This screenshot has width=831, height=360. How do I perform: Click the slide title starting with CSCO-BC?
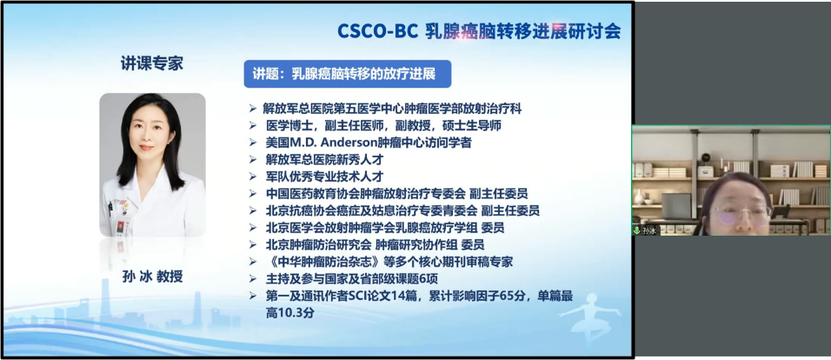pyautogui.click(x=479, y=31)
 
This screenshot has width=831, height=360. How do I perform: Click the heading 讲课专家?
pyautogui.click(x=152, y=63)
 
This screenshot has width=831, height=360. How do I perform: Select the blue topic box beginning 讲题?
pyautogui.click(x=347, y=74)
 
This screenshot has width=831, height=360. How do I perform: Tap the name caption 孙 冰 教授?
pyautogui.click(x=153, y=277)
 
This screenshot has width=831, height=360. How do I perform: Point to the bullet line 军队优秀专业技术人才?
pyautogui.click(x=324, y=177)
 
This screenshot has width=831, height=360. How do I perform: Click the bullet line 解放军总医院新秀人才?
pyautogui.click(x=324, y=160)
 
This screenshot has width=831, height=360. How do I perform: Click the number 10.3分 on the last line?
pyautogui.click(x=290, y=313)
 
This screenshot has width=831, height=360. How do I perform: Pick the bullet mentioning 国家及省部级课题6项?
pyautogui.click(x=351, y=279)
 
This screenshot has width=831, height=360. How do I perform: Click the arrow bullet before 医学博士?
pyautogui.click(x=253, y=126)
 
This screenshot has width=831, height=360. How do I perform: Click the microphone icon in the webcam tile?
pyautogui.click(x=636, y=230)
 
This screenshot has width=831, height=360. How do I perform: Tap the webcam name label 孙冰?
pyautogui.click(x=649, y=230)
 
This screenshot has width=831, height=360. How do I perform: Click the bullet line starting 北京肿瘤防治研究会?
pyautogui.click(x=375, y=245)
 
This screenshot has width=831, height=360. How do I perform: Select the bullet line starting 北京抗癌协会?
pyautogui.click(x=402, y=211)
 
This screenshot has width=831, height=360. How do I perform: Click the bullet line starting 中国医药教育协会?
pyautogui.click(x=396, y=194)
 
